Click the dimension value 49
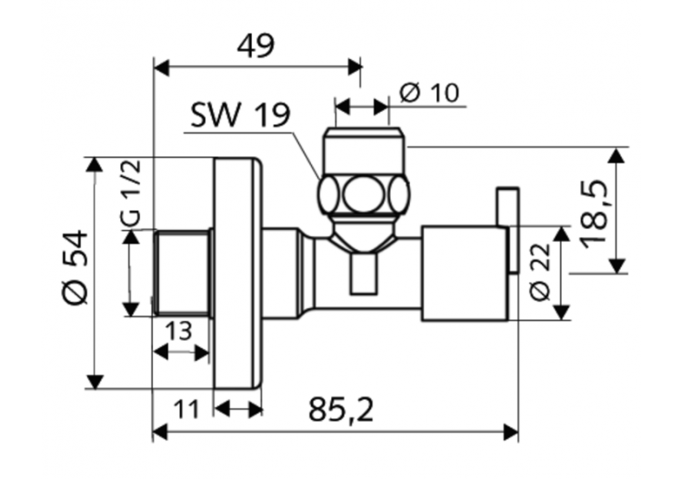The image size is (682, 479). (x=257, y=45)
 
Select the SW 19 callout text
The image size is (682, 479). (x=240, y=116)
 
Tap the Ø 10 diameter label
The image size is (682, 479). (x=429, y=93)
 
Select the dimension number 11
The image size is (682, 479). (x=186, y=410)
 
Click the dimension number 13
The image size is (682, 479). (x=178, y=331)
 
